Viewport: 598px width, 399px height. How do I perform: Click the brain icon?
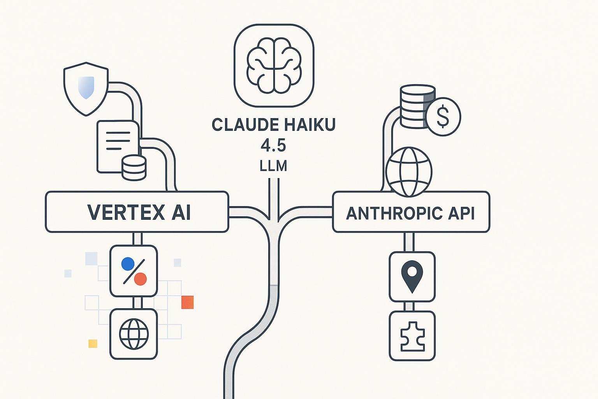pos(274,65)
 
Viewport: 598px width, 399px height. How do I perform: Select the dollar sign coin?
pos(443,117)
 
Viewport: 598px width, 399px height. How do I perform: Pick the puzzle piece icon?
pos(412,335)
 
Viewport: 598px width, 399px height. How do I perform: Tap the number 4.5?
pos(273,146)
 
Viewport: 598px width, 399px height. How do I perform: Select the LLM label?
pos(273,166)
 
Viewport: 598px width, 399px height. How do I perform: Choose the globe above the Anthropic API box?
pos(409,171)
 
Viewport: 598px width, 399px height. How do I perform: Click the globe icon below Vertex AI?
pos(134,334)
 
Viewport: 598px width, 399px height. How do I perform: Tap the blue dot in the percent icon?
pos(127,264)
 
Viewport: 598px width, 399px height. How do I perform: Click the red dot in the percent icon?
pos(140,279)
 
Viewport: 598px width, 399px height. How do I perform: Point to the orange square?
pos(187,302)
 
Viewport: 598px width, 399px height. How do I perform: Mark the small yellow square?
pos(93,343)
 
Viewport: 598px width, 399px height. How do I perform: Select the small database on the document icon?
pos(134,167)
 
